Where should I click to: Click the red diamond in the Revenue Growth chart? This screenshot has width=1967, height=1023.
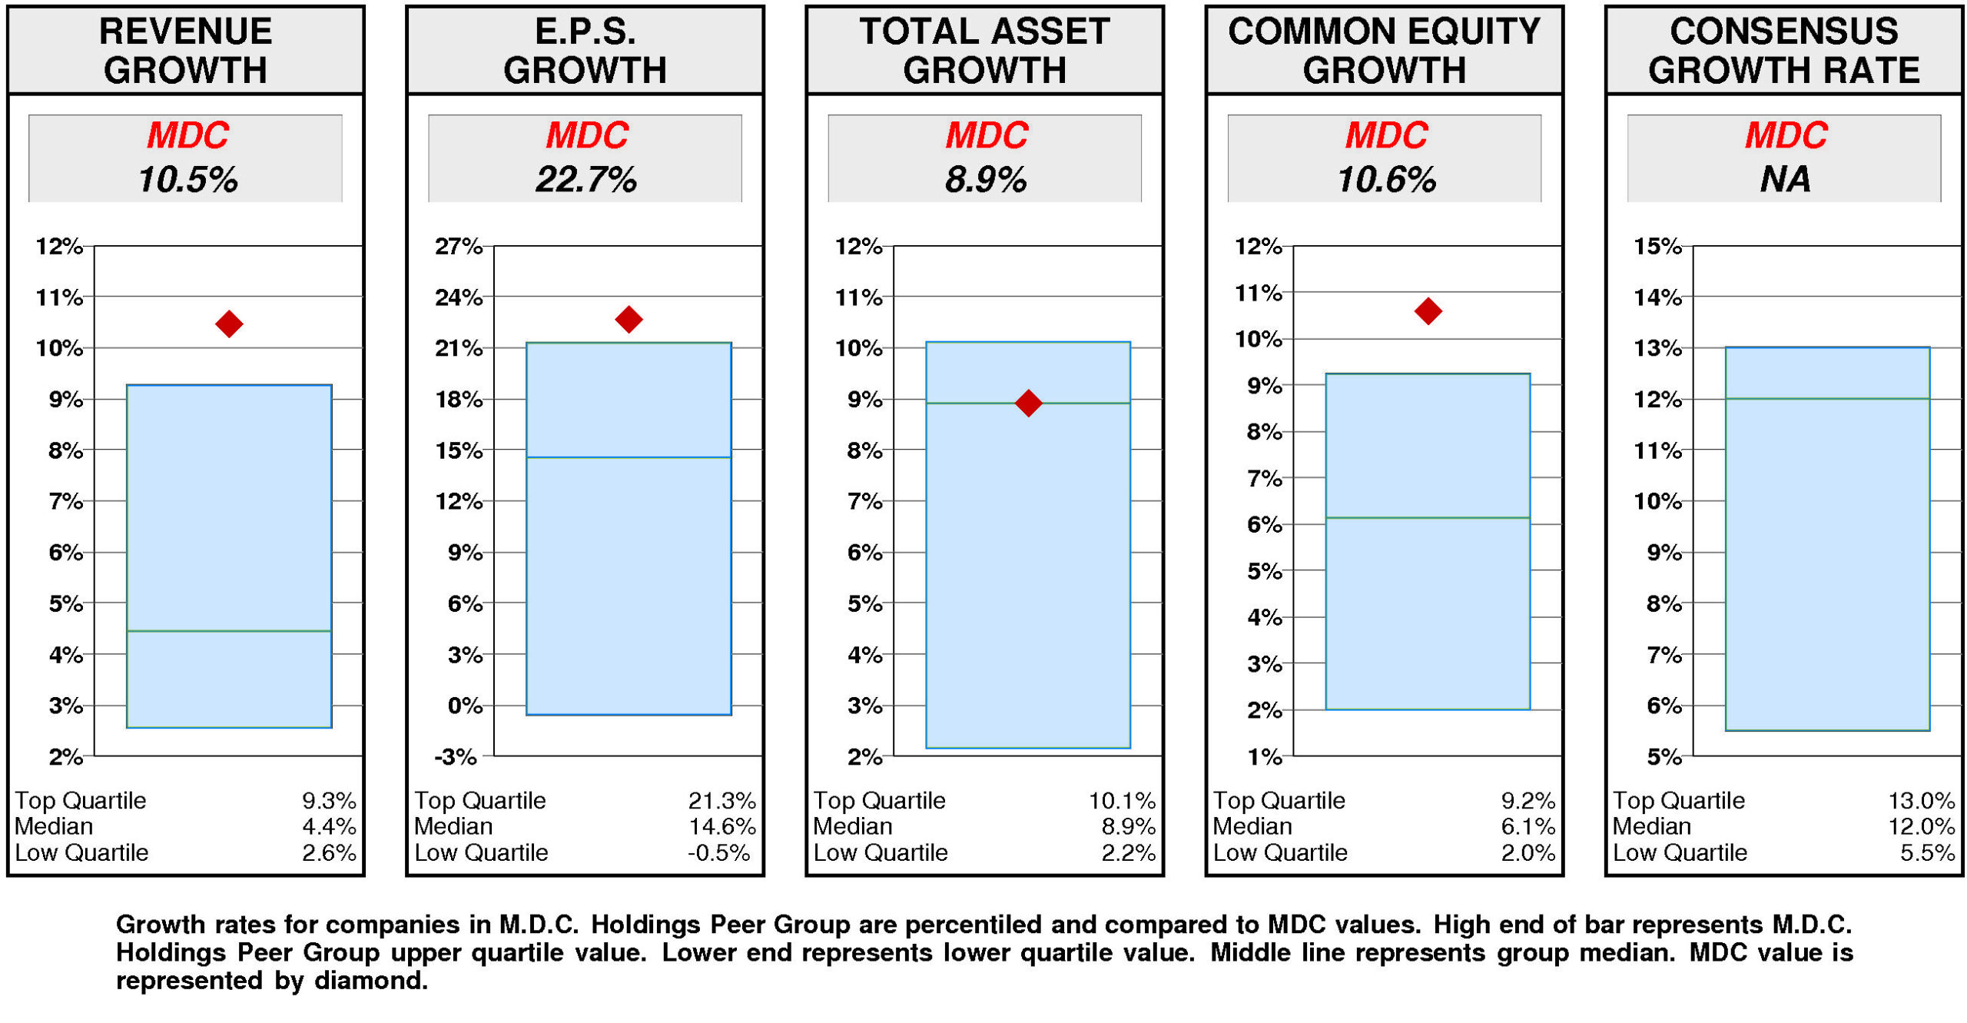coord(229,324)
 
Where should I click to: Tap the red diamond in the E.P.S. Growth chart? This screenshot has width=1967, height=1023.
coord(629,319)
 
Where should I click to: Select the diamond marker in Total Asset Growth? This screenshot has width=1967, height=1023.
coord(1027,403)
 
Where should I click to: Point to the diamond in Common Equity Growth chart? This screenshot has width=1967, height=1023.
coord(1427,311)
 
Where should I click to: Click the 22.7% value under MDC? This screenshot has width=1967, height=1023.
coord(585,180)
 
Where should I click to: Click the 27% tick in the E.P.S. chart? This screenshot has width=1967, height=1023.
coord(458,247)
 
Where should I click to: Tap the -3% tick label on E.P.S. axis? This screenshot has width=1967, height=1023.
coord(455,757)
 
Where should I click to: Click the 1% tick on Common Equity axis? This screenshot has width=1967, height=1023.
coord(1263,757)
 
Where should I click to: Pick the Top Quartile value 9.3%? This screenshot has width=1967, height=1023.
coord(328,800)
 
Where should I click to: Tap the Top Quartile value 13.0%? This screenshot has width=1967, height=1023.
coord(1920,800)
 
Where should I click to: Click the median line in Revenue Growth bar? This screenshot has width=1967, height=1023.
coord(229,631)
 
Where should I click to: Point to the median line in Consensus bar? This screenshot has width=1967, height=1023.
coord(1826,398)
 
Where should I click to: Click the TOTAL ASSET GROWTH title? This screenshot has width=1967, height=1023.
coord(984,51)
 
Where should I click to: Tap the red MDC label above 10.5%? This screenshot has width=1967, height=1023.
coord(187,136)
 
